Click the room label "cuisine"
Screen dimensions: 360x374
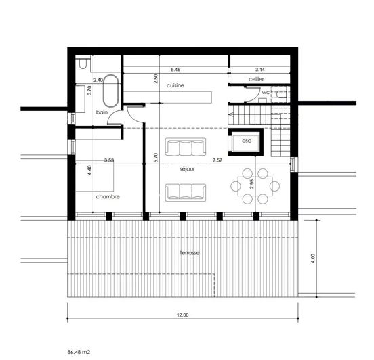pyautogui.click(x=175, y=85)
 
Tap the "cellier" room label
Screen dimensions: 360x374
pyautogui.click(x=255, y=79)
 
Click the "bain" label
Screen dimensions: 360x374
pyautogui.click(x=102, y=112)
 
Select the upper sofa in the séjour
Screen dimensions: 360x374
pyautogui.click(x=185, y=145)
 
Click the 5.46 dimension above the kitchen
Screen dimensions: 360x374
pyautogui.click(x=175, y=69)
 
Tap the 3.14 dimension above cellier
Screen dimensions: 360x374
pyautogui.click(x=259, y=69)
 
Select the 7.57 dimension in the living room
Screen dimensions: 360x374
pyautogui.click(x=217, y=160)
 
